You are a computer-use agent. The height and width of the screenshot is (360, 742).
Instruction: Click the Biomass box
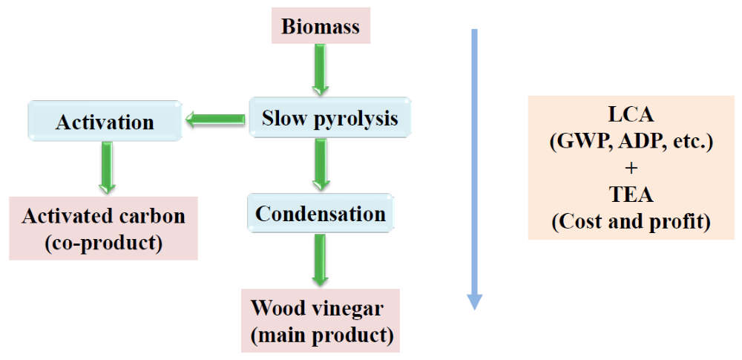click(x=321, y=27)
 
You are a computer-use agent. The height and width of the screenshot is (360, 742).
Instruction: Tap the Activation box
click(x=105, y=122)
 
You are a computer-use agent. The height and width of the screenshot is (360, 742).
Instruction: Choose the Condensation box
click(x=321, y=214)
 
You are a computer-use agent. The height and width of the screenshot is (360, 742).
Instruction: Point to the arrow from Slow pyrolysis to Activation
click(x=215, y=119)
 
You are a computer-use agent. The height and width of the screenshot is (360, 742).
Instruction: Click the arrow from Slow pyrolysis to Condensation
click(x=320, y=164)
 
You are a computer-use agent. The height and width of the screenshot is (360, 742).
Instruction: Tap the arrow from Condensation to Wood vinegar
click(x=320, y=259)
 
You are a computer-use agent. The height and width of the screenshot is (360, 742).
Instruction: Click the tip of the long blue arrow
click(x=475, y=306)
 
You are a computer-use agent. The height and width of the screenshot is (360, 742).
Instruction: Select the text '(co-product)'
click(x=104, y=243)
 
